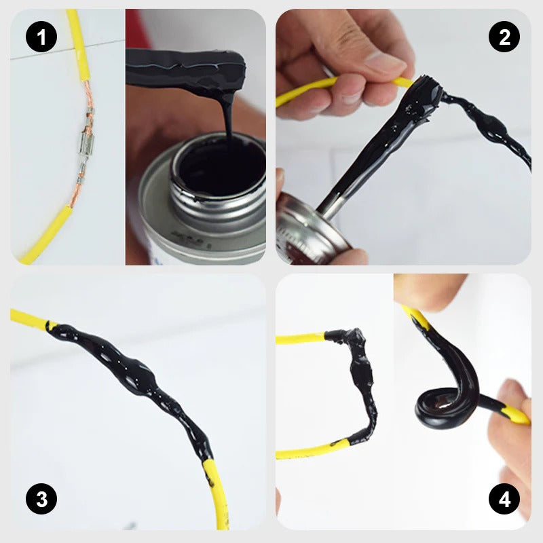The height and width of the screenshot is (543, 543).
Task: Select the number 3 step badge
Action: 41,501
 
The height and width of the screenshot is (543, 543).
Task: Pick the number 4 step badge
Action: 504,501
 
